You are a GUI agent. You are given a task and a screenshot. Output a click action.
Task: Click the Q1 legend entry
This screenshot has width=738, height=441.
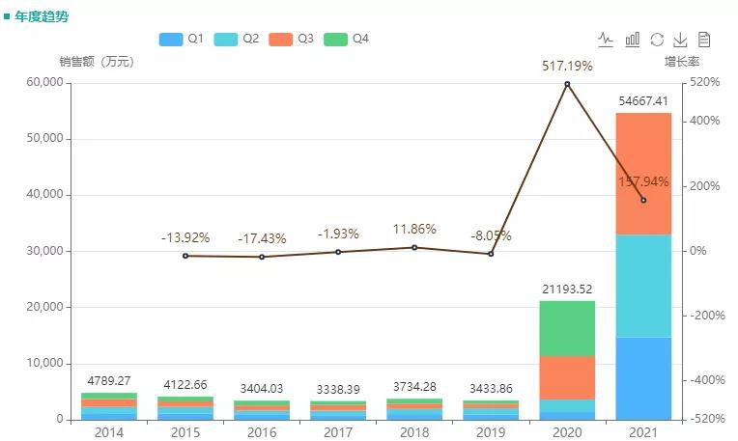point(181,39)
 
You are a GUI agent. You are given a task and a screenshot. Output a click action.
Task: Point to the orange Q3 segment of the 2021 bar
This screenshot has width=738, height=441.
point(643,174)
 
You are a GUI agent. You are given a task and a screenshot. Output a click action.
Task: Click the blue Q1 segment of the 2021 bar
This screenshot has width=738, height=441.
point(643,378)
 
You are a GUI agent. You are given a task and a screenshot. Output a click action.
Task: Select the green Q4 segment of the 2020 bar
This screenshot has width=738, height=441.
point(567,328)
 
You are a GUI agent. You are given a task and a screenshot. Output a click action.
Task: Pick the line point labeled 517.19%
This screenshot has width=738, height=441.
point(567,84)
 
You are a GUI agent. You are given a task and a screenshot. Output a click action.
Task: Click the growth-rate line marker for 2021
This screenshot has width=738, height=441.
point(643,200)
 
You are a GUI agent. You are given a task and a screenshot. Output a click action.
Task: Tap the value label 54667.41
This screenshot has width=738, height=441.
point(643,100)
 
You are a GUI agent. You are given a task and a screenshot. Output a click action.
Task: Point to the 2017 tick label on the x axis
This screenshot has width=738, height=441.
point(337,431)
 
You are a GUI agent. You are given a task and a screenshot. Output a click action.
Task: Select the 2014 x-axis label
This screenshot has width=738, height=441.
point(108,431)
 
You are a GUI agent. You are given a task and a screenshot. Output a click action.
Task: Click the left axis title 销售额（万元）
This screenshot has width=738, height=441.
point(97,62)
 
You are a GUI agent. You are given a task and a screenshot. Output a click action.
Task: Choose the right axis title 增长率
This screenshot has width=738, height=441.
point(680,62)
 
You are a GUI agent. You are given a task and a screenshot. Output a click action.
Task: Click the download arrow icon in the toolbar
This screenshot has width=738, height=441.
point(680,40)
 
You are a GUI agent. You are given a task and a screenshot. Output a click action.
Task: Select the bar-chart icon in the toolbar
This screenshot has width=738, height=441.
point(633,40)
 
